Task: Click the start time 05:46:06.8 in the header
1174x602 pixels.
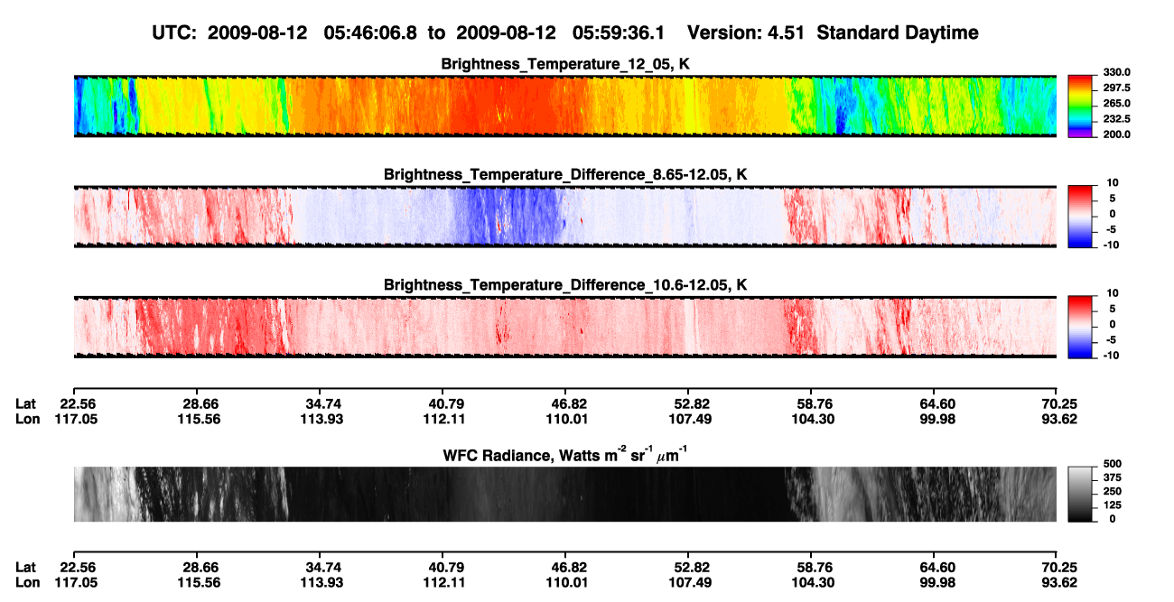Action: coord(370,32)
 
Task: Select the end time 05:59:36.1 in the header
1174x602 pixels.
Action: coord(619,32)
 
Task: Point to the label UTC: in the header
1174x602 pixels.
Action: coord(174,32)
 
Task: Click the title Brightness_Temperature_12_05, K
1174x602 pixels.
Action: coord(565,64)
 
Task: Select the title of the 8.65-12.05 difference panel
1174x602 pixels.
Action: coord(565,174)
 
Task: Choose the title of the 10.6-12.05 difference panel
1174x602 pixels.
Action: coord(565,285)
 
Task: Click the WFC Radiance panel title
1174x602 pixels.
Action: coord(565,454)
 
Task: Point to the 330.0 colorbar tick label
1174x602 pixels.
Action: coord(1116,72)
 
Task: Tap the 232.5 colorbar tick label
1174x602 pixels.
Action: coord(1116,119)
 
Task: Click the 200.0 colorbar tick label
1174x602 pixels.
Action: coord(1116,134)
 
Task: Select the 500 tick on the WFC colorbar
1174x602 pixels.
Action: coord(1113,464)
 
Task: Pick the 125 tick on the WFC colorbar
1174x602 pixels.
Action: coord(1113,505)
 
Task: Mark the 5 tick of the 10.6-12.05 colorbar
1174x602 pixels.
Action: coord(1113,309)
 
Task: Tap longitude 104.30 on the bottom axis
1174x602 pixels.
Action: coord(813,583)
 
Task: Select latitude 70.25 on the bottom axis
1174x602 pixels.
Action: coord(1059,568)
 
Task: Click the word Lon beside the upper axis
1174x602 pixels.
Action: coord(27,419)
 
